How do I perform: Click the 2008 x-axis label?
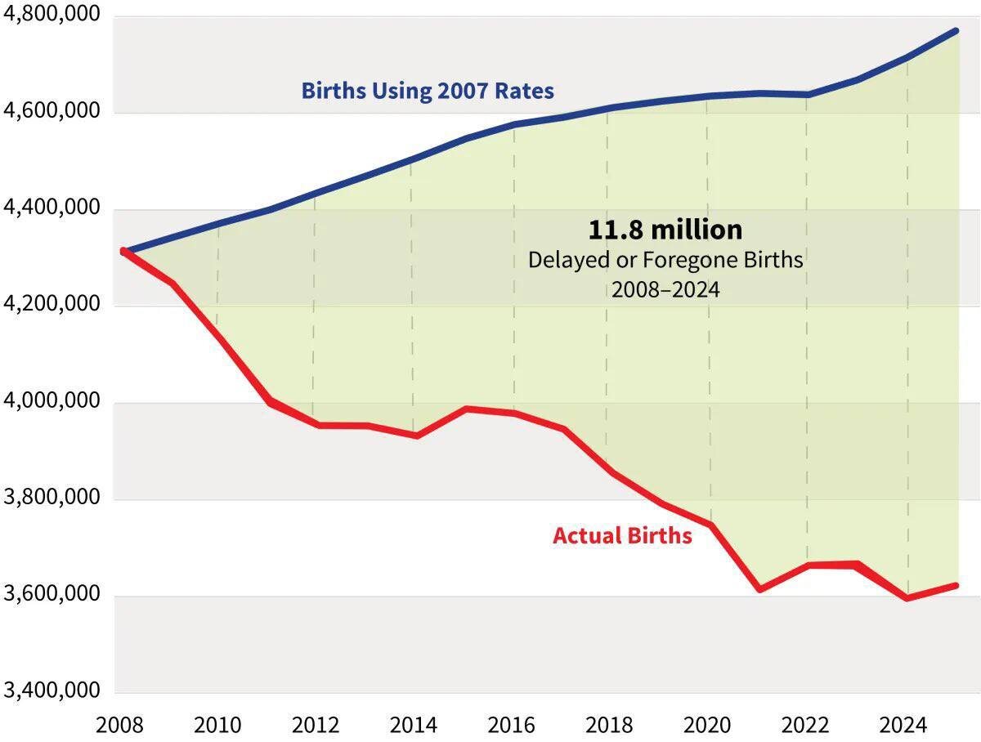pos(121,726)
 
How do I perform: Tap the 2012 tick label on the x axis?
pos(316,726)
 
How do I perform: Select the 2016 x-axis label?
pos(512,726)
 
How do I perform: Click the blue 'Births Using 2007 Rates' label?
pos(427,90)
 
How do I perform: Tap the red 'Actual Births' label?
pos(622,536)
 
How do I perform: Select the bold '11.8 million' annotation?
pos(665,230)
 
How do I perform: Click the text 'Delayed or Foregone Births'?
pos(665,260)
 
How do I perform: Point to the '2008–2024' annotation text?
pos(665,289)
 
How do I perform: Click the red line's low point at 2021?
pos(759,588)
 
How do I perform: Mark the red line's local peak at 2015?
pos(465,408)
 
